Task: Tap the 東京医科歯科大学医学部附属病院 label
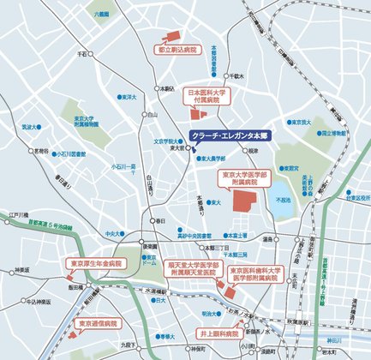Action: pos(254,273)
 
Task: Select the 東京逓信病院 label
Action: pos(99,325)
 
